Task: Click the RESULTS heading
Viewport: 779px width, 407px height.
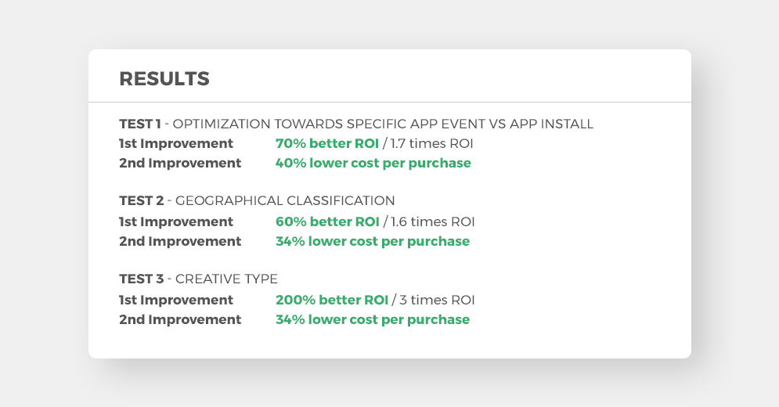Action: click(x=164, y=79)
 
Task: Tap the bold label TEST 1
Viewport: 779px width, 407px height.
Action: click(x=140, y=124)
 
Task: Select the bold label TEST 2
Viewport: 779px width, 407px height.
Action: click(x=142, y=201)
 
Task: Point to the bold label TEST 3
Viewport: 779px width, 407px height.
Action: click(x=142, y=279)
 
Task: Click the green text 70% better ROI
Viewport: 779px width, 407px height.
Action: click(x=327, y=143)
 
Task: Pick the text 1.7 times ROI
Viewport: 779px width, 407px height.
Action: click(x=431, y=143)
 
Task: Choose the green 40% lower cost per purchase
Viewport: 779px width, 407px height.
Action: click(x=373, y=164)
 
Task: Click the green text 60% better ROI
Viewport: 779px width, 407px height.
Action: click(x=327, y=222)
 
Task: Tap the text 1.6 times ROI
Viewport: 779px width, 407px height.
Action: click(x=433, y=222)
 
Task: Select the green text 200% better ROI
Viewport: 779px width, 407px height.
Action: click(x=332, y=300)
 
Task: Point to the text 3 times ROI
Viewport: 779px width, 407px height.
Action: click(x=437, y=300)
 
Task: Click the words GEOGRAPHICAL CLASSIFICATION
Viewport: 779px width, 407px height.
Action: click(x=285, y=201)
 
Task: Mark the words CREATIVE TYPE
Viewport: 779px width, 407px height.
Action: click(x=226, y=279)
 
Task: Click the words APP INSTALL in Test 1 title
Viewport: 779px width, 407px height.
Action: click(x=551, y=124)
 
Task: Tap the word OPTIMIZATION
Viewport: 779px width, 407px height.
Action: click(x=222, y=124)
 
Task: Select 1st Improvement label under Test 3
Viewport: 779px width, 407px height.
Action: click(x=176, y=300)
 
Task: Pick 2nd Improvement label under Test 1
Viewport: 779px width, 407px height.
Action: click(x=180, y=164)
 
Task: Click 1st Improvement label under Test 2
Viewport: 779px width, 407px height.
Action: click(x=176, y=222)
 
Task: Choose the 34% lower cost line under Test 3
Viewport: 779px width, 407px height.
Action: click(x=373, y=319)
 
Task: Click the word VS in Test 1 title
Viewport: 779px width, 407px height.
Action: click(x=497, y=124)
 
